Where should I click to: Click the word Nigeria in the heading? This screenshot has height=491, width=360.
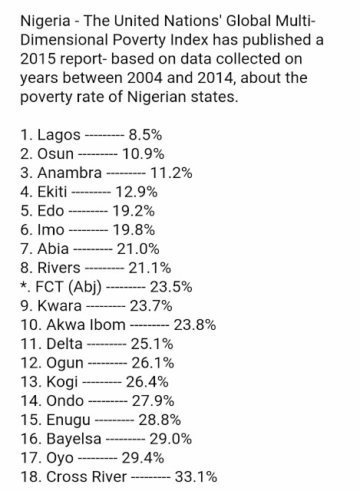tap(45, 21)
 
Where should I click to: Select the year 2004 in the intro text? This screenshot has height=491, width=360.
tap(144, 78)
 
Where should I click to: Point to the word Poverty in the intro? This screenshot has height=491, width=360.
tap(139, 41)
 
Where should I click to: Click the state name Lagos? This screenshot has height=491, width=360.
tap(59, 136)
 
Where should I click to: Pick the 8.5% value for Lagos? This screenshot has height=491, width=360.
tap(145, 135)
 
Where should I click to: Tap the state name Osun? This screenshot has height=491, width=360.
tap(55, 154)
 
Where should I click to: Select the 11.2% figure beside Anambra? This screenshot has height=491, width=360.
tap(171, 173)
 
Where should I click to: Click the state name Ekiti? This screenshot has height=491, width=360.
tap(52, 192)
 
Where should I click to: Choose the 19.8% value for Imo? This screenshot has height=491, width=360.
tap(134, 230)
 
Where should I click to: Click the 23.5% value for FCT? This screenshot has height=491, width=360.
tap(171, 287)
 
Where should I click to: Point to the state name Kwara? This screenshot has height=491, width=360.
tap(60, 306)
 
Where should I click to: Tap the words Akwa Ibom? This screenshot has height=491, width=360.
tap(86, 325)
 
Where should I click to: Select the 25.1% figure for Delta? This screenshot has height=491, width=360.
tap(152, 344)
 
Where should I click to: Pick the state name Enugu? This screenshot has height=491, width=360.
tap(68, 420)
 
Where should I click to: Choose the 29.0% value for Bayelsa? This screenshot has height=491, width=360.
tap(170, 439)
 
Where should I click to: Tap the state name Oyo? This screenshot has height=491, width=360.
tap(60, 459)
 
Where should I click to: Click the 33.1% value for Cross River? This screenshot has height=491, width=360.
tap(196, 477)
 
